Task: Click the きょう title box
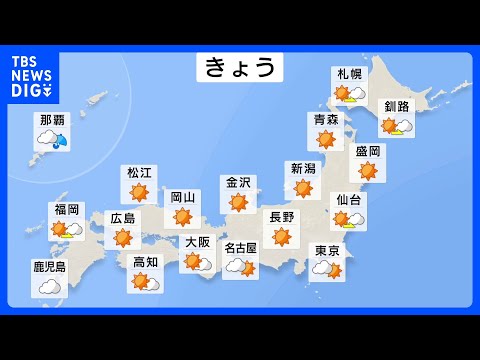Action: click(x=239, y=68)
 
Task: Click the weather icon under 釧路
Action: click(x=396, y=126)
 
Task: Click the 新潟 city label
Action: click(x=302, y=168)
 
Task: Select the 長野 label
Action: click(x=281, y=216)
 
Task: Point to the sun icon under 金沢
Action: click(x=238, y=202)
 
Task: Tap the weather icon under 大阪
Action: click(x=197, y=262)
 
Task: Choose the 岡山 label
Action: click(x=182, y=198)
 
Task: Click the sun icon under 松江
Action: click(x=139, y=192)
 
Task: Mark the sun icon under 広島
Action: click(x=122, y=237)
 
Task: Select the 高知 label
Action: click(x=145, y=262)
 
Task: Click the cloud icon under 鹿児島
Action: click(x=49, y=287)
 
